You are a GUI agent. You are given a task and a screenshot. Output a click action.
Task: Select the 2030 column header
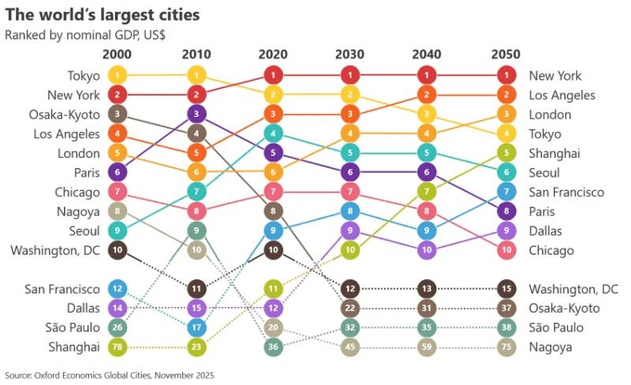tap(350, 55)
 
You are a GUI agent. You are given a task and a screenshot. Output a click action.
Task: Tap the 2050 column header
tap(505, 55)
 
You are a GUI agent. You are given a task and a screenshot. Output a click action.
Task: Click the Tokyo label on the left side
tap(84, 75)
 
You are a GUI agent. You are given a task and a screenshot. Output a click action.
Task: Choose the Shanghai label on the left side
tap(75, 347)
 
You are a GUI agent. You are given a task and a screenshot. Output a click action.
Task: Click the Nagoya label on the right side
tap(551, 347)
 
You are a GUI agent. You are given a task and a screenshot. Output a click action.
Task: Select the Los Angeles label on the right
tap(561, 95)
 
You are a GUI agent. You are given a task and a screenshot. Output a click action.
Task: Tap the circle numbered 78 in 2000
tap(117, 347)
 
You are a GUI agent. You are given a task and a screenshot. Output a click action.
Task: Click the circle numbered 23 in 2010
tap(196, 347)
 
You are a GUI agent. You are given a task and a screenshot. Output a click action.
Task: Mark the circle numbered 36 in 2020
tap(273, 347)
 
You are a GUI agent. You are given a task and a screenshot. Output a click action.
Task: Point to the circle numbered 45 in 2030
tap(350, 347)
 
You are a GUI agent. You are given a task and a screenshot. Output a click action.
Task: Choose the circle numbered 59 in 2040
tap(427, 347)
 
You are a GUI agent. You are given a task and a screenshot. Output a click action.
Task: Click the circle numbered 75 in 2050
tap(505, 347)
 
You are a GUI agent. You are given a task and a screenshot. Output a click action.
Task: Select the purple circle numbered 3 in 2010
tap(196, 114)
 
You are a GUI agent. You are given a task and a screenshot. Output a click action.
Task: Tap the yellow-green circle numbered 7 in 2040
tap(427, 192)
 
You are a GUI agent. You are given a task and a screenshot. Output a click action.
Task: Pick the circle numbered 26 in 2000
tap(117, 327)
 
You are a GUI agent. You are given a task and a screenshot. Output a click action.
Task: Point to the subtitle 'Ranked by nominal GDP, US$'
tap(84, 35)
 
